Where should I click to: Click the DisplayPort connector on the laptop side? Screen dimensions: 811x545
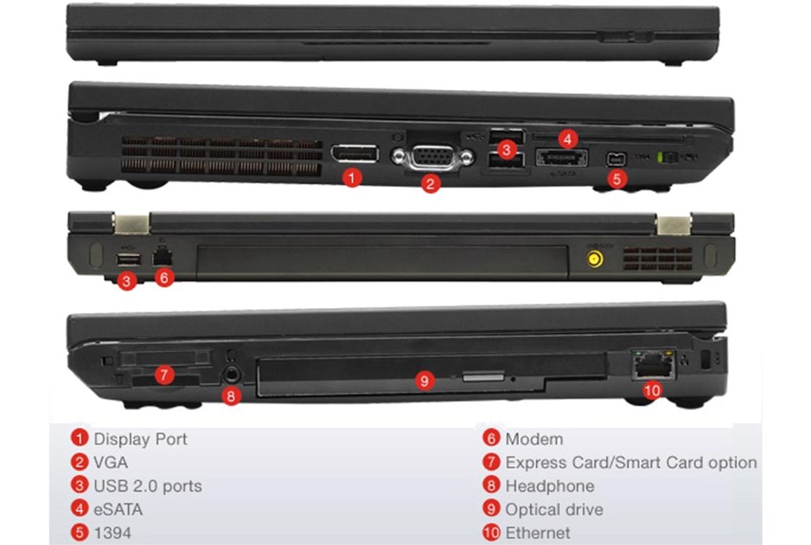click(354, 154)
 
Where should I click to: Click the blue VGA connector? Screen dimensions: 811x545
click(432, 157)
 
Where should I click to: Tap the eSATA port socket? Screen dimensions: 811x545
click(561, 157)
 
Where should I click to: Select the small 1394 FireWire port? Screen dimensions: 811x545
click(616, 159)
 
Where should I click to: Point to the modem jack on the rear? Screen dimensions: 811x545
click(163, 257)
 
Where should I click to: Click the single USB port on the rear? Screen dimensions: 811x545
click(129, 260)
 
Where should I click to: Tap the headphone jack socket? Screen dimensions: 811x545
click(231, 373)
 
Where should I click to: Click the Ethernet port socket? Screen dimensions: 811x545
click(654, 365)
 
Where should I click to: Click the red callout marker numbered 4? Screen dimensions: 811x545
click(568, 138)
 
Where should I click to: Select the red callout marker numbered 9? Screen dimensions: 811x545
click(425, 381)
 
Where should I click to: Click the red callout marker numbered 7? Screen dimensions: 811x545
click(164, 374)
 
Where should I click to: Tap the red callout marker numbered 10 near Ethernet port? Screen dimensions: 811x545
click(652, 389)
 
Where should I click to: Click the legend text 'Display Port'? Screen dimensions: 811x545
click(140, 439)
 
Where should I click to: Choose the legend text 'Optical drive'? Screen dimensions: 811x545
click(554, 510)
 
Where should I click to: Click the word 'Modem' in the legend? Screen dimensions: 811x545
click(533, 439)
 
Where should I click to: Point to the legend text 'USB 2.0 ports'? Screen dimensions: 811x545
click(147, 486)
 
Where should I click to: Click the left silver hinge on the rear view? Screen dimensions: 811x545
click(131, 224)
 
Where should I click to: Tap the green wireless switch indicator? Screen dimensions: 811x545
click(660, 157)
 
